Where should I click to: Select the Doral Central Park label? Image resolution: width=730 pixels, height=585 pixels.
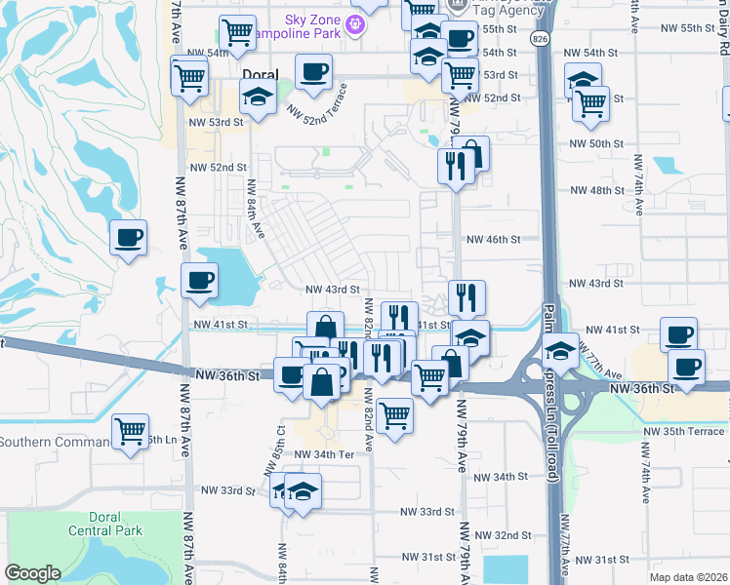pos(105,524)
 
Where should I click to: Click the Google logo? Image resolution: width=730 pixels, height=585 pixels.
pos(32,573)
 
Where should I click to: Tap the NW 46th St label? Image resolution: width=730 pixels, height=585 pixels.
pos(502,239)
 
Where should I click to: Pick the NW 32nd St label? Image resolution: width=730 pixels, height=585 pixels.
pos(506,535)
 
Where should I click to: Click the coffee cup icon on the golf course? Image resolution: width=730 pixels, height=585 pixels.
pos(129,237)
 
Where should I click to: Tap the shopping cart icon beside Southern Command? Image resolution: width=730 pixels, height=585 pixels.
pos(130,430)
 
